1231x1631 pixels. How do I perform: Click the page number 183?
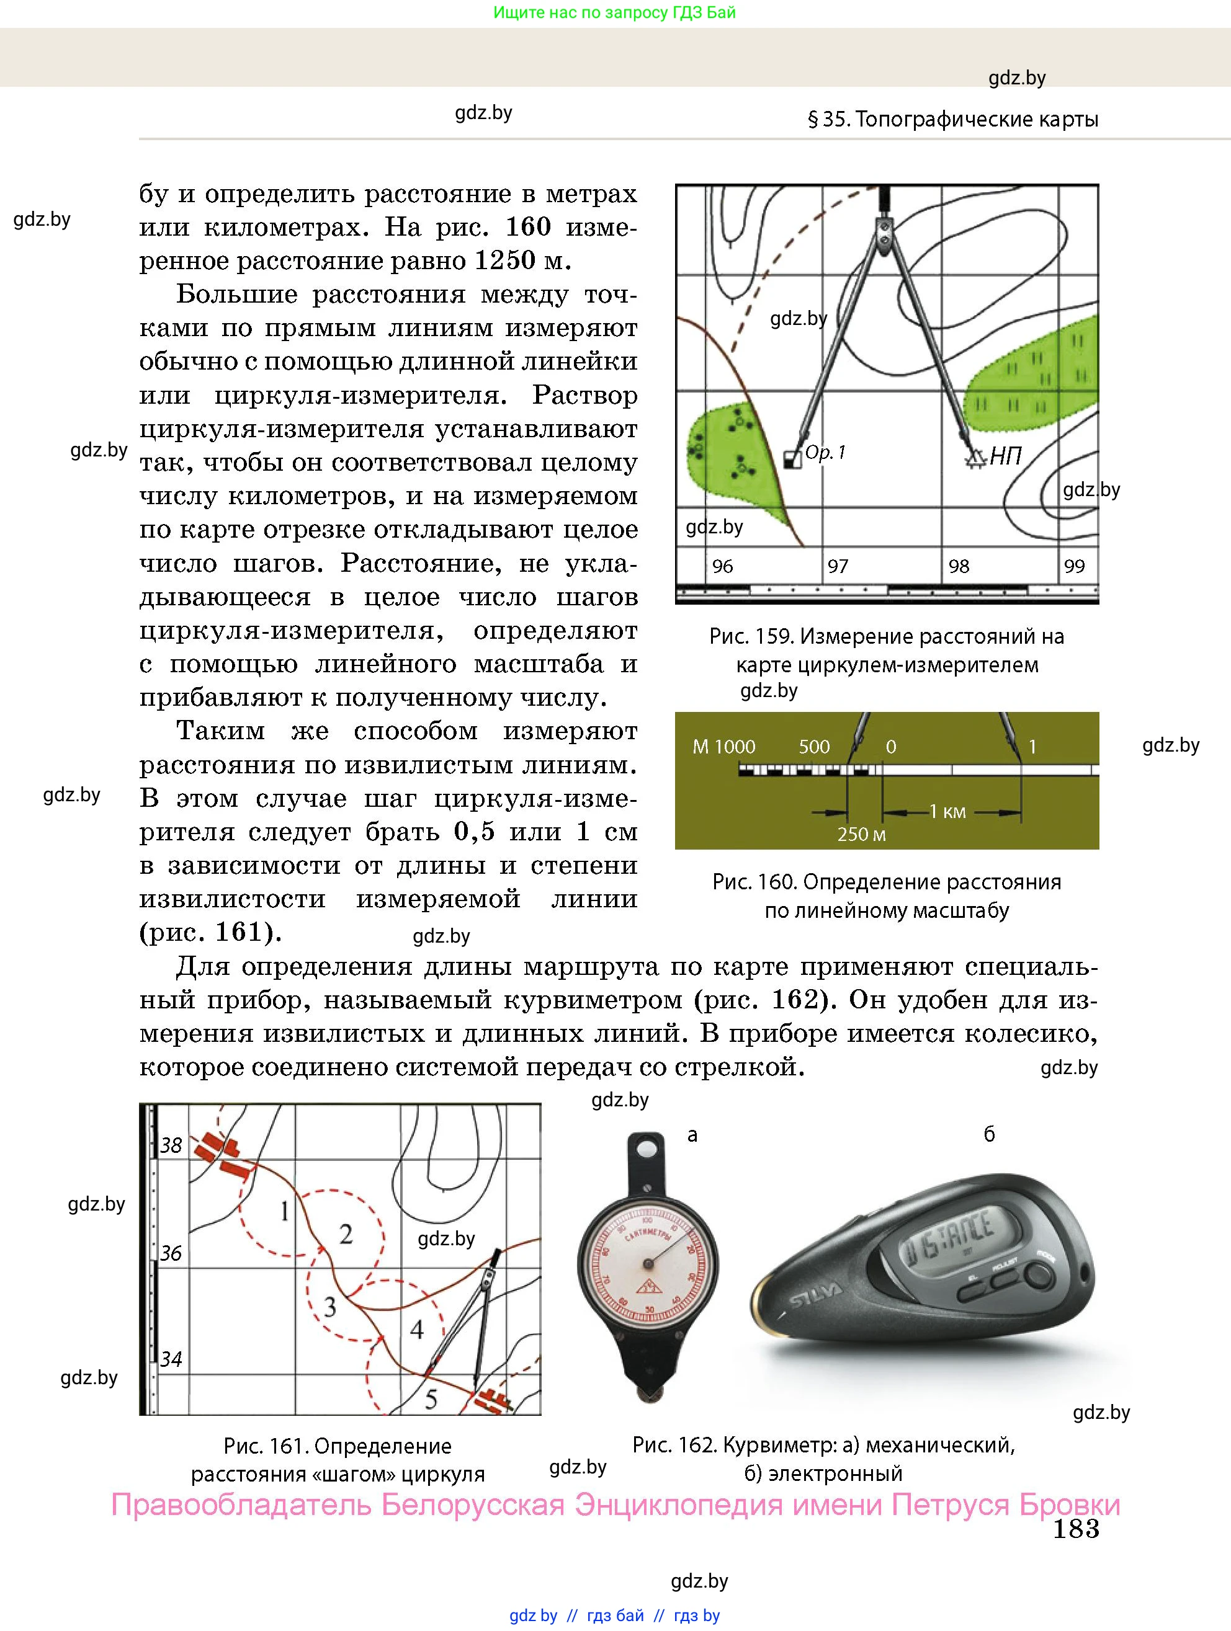pyautogui.click(x=1075, y=1529)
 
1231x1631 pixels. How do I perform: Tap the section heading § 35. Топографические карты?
pyautogui.click(x=953, y=120)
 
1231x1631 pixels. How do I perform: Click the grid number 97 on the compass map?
pyautogui.click(x=838, y=566)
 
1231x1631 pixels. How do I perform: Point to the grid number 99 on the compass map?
pyautogui.click(x=1075, y=566)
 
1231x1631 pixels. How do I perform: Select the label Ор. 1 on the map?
pyautogui.click(x=825, y=452)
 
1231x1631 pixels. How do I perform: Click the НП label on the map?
pyautogui.click(x=1005, y=456)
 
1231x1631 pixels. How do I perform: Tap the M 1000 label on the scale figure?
pyautogui.click(x=723, y=747)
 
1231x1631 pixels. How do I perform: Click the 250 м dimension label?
pyautogui.click(x=861, y=835)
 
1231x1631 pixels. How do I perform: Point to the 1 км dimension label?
pyautogui.click(x=947, y=812)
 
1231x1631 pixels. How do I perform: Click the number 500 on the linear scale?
pyautogui.click(x=814, y=747)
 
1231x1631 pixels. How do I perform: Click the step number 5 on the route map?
pyautogui.click(x=431, y=1398)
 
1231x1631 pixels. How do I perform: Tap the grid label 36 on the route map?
pyautogui.click(x=171, y=1253)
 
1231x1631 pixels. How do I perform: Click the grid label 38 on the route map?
pyautogui.click(x=171, y=1145)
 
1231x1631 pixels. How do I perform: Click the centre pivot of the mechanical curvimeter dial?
pyautogui.click(x=648, y=1264)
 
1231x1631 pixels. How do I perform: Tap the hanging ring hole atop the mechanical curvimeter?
pyautogui.click(x=647, y=1148)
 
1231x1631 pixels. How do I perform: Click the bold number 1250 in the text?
pyautogui.click(x=504, y=260)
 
